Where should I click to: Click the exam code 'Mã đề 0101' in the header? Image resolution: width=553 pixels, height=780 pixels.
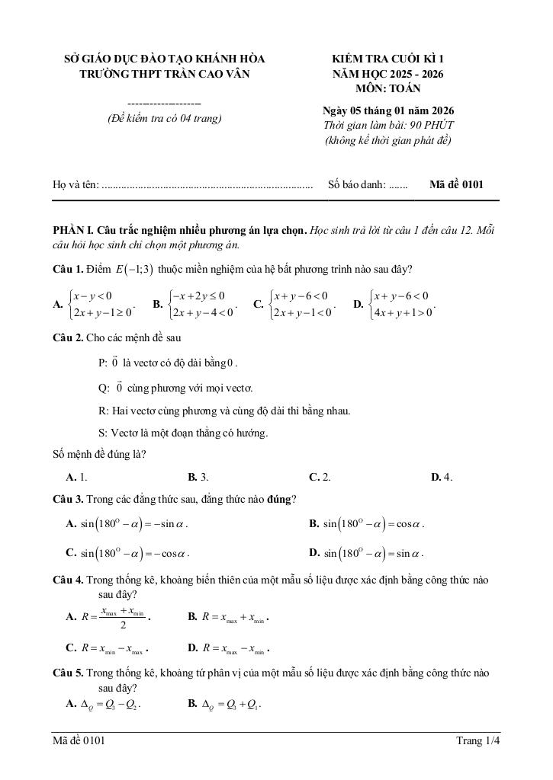coord(456,184)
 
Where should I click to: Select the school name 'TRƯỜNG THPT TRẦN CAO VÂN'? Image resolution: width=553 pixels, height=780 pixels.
coord(164,74)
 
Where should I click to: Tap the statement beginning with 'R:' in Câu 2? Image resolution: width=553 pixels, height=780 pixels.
coord(224,411)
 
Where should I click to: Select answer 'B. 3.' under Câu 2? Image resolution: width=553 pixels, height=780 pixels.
coord(198,477)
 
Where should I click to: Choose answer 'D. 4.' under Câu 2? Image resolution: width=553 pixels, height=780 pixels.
coord(442,477)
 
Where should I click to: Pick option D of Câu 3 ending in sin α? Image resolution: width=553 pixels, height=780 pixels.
coord(366,553)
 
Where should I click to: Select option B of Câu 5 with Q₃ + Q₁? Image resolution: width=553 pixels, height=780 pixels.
coord(225,704)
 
